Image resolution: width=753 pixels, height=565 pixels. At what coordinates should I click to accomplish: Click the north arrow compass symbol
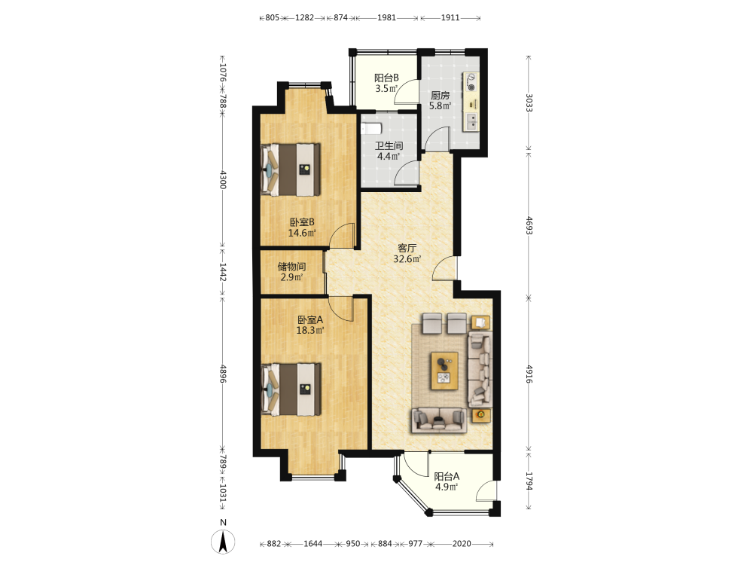point(223,542)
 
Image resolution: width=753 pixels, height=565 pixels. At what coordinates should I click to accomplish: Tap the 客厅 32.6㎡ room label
point(407,254)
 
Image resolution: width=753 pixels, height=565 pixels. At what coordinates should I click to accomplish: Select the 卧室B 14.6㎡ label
point(302,228)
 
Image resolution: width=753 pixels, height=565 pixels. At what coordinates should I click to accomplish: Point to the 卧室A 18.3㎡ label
point(310,325)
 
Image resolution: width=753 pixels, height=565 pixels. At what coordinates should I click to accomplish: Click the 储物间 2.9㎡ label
point(291,272)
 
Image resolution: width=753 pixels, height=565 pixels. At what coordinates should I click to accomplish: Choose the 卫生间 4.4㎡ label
point(389,151)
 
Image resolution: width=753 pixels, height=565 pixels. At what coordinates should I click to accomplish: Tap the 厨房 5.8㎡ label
point(440,100)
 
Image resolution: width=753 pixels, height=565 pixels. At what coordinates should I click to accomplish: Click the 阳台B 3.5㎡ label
point(386,83)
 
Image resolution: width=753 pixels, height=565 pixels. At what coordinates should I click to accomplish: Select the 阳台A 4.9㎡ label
point(447,481)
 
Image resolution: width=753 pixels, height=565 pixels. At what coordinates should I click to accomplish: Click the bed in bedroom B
point(291,169)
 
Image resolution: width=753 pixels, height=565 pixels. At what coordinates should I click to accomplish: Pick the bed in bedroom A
point(291,389)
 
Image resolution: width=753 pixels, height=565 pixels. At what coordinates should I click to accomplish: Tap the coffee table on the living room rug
point(444,371)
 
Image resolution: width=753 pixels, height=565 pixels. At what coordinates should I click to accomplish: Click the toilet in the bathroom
point(371,129)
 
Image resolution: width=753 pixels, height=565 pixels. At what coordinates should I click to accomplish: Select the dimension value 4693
point(529,225)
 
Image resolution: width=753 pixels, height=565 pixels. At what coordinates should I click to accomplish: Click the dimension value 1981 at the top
point(386,18)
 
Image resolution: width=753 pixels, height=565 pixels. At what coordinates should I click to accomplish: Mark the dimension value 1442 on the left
point(223,272)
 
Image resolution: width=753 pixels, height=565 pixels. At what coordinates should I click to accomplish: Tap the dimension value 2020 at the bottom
point(462,543)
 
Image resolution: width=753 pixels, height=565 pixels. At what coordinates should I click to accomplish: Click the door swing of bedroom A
point(341,309)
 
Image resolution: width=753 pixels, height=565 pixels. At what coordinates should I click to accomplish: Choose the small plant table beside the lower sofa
point(481,415)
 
